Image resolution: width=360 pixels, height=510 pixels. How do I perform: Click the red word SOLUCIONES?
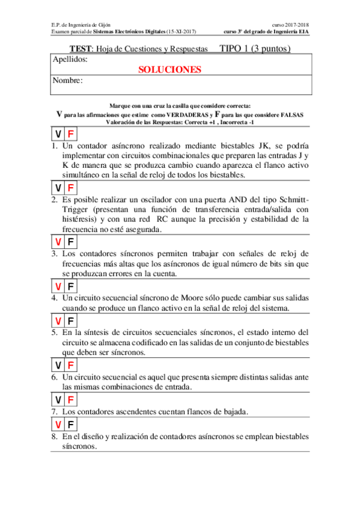click(169, 69)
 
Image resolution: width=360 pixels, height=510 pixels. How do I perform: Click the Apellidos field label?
click(70, 60)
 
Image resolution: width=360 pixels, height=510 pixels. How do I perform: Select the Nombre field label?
click(67, 81)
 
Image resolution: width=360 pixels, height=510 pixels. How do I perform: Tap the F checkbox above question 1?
click(70, 135)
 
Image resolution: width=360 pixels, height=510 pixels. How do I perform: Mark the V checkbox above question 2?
click(58, 188)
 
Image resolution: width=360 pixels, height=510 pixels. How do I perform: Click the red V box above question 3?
click(58, 242)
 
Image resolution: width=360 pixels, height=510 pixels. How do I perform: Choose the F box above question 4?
click(70, 286)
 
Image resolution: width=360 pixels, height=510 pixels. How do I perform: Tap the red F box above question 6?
click(70, 365)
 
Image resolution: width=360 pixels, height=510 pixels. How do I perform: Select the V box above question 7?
click(58, 400)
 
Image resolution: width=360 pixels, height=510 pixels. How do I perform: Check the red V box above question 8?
click(58, 426)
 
